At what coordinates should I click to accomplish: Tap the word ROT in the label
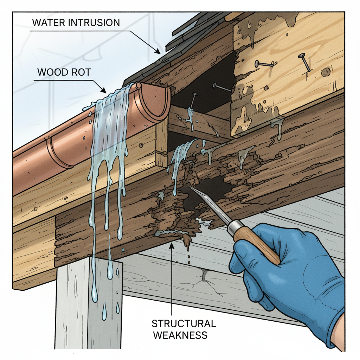pos(81,73)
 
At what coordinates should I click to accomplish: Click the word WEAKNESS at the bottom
pos(180,335)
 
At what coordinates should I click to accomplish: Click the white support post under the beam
pos(88,306)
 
